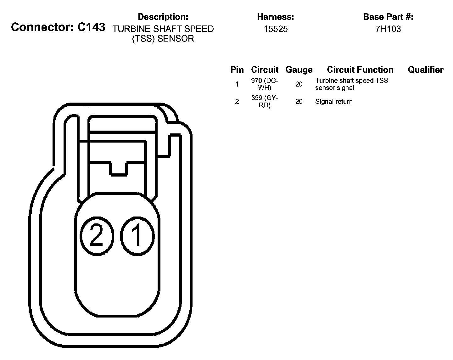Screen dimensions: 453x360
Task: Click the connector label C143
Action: pos(58,27)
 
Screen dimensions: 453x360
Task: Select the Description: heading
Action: pos(163,17)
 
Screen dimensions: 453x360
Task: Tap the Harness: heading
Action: pos(275,17)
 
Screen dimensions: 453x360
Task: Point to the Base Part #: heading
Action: pos(388,17)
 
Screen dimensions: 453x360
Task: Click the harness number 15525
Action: pos(276,29)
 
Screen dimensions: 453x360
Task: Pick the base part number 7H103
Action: pos(388,29)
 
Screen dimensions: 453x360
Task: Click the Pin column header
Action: pos(237,70)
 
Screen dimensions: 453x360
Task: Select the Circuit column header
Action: pos(265,70)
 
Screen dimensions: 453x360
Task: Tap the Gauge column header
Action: pos(299,70)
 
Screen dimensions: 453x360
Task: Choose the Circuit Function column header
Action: pos(360,70)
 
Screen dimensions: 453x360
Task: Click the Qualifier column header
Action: pos(425,70)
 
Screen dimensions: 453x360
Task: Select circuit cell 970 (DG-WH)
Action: pos(265,84)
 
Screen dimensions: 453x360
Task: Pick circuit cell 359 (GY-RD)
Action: pos(265,101)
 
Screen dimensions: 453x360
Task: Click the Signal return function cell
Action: pos(334,102)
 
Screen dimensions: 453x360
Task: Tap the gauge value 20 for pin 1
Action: pos(299,84)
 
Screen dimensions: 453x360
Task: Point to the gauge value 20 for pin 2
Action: pos(299,102)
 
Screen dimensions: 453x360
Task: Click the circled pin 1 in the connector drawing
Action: pos(137,236)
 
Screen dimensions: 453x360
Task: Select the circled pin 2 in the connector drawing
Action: pos(96,236)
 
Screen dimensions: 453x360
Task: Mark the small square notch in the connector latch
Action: pos(119,169)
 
